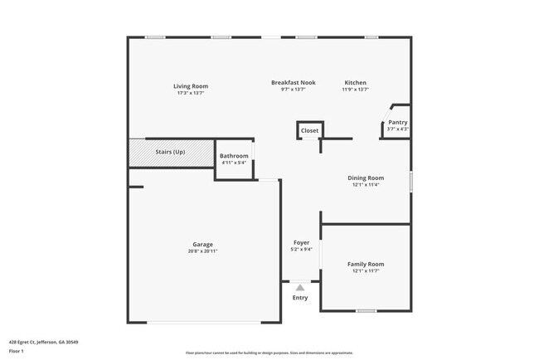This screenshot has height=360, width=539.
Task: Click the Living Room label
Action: [x=190, y=86]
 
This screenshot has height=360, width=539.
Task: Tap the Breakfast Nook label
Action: [x=294, y=83]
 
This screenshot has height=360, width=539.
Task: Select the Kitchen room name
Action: [x=356, y=83]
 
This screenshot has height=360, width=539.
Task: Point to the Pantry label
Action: [x=398, y=123]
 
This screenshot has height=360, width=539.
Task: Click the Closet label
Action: [x=309, y=130]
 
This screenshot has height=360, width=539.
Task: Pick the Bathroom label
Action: [x=233, y=156]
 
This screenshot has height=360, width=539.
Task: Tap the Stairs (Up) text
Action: [x=170, y=152]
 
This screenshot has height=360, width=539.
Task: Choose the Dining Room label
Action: [x=366, y=178]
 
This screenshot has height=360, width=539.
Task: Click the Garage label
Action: [x=203, y=244]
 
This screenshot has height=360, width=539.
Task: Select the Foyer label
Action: [x=301, y=243]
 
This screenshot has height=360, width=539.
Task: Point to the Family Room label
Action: [x=366, y=264]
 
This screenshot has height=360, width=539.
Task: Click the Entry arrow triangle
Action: [x=300, y=288]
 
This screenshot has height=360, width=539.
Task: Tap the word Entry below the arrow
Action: [x=300, y=298]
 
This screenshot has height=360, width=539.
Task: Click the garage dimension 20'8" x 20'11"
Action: [x=203, y=251]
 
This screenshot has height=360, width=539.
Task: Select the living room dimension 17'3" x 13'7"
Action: [x=190, y=93]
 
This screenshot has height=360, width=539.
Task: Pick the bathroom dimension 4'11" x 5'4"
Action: [x=233, y=163]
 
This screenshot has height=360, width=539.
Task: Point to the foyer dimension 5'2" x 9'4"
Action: [x=301, y=250]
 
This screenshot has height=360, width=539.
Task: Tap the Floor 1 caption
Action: [x=17, y=352]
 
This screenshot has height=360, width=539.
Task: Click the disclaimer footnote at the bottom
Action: [x=269, y=353]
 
